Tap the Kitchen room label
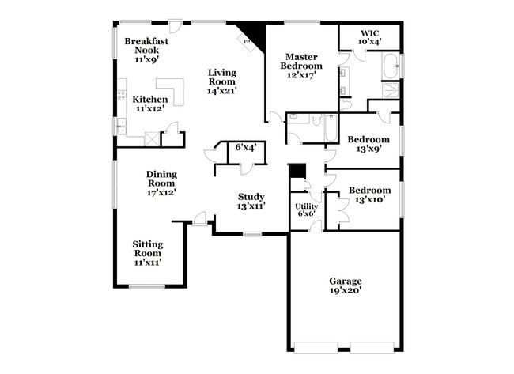149,100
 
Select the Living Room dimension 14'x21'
222,91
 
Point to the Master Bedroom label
301,62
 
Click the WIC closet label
369,32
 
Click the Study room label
251,197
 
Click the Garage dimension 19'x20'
346,291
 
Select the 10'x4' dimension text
369,41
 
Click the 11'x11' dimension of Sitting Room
147,263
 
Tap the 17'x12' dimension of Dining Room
161,192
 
